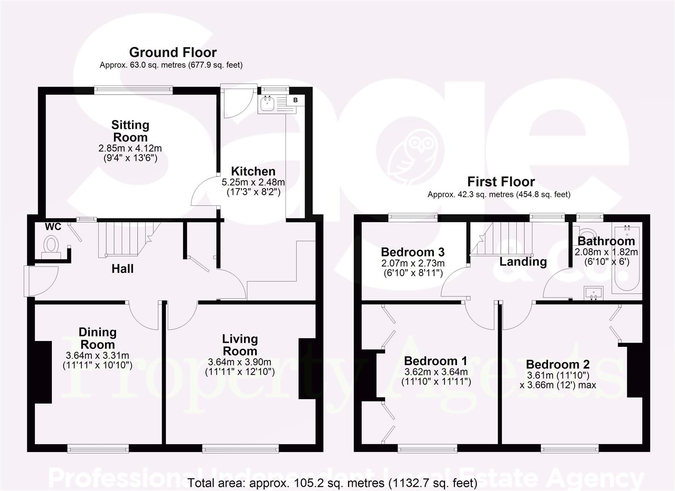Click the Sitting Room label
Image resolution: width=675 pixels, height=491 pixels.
click(x=130, y=131)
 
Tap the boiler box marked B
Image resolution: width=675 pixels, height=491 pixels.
click(x=295, y=100)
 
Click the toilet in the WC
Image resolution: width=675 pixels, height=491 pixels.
click(x=51, y=245)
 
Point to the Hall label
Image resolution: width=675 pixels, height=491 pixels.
click(x=123, y=269)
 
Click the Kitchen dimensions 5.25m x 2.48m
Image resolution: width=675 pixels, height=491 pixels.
click(x=253, y=182)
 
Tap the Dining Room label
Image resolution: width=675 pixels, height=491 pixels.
click(x=97, y=338)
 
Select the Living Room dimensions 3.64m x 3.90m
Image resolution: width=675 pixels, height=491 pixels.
click(x=240, y=362)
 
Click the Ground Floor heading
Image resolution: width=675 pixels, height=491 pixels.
click(x=173, y=52)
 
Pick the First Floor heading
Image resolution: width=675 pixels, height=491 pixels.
click(x=501, y=182)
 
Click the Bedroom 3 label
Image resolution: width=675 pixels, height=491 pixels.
click(x=413, y=252)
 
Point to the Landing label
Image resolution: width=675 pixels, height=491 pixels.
click(x=523, y=261)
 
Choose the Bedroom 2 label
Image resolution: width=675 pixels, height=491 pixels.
click(x=558, y=364)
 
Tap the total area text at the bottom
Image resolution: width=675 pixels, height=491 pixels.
click(x=332, y=482)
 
